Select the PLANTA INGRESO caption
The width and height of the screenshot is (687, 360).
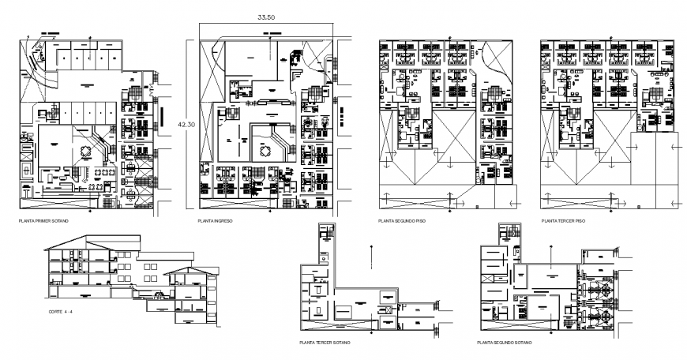coord(215,221)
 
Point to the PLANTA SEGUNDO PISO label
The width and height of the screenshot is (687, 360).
coord(402,221)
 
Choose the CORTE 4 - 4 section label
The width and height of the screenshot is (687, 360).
coord(61,313)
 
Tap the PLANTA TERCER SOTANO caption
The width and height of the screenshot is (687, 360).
coord(325,343)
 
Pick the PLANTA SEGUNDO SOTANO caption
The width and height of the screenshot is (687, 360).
coord(505,343)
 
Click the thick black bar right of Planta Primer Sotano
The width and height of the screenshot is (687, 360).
coord(162,116)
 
